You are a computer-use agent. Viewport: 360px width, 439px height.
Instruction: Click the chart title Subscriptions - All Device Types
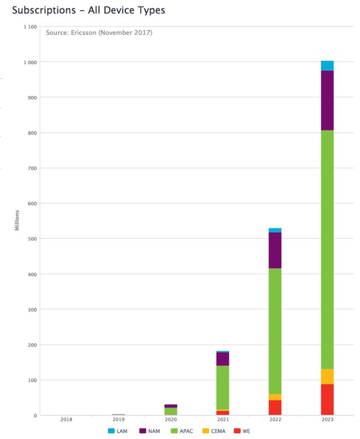point(88,11)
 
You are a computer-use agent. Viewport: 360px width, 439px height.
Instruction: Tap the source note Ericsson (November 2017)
point(99,33)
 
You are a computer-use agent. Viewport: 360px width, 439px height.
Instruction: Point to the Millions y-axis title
point(17,220)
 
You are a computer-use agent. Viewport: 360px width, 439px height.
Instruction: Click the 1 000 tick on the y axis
point(30,62)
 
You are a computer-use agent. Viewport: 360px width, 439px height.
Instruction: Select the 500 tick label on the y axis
point(32,239)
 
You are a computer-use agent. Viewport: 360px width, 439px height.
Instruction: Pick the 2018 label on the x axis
point(66,419)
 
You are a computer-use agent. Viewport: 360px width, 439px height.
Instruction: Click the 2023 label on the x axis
point(327,419)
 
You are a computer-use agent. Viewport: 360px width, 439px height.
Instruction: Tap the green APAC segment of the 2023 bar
point(327,250)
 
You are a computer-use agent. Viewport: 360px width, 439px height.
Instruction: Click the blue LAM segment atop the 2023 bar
point(327,65)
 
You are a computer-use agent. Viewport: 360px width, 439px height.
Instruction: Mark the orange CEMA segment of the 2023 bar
point(327,376)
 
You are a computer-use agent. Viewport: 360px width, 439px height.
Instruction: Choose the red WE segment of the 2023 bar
point(327,400)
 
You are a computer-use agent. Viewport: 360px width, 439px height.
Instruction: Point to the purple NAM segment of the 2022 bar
point(275,250)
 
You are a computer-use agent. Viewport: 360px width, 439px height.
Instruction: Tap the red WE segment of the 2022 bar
point(275,408)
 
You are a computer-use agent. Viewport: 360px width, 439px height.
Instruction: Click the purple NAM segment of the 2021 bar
point(223,359)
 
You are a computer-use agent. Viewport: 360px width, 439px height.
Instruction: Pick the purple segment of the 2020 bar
point(170,406)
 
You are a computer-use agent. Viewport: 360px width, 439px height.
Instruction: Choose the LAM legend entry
point(118,431)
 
